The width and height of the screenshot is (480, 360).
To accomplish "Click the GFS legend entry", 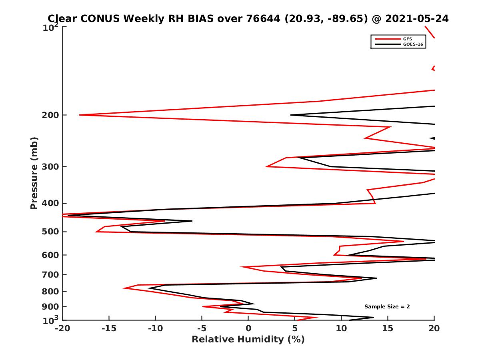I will click(408, 39).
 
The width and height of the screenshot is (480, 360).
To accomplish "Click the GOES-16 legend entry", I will click(412, 44).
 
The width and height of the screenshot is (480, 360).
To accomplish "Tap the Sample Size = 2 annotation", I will click(387, 307).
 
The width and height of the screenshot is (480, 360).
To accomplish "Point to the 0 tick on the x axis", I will click(248, 328).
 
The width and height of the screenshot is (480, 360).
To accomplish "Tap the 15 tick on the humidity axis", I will click(388, 328).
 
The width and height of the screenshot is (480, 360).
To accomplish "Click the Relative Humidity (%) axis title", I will click(248, 340).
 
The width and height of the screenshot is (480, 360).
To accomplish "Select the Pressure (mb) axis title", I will click(34, 173).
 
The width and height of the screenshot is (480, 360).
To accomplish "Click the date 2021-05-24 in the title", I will click(417, 19).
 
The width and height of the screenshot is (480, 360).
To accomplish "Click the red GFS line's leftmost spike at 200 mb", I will click(80, 115).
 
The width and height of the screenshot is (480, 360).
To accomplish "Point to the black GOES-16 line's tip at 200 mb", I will click(291, 115).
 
